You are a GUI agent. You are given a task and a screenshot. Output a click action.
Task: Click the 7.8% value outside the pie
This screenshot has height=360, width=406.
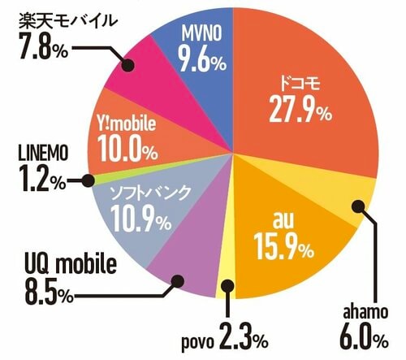(x=36, y=50)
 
